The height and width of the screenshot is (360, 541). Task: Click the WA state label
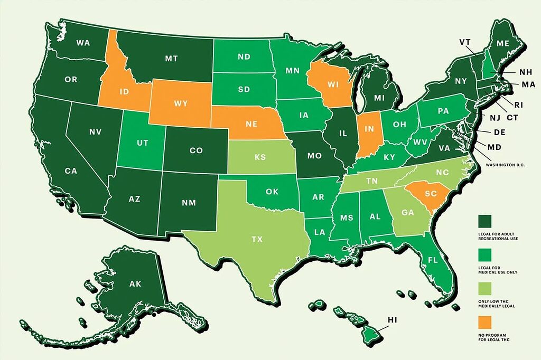click(82, 42)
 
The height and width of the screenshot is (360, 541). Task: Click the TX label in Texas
click(257, 239)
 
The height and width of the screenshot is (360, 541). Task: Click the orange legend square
click(484, 321)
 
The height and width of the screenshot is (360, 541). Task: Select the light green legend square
click(484, 288)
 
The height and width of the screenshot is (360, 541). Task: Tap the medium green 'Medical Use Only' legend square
click(484, 254)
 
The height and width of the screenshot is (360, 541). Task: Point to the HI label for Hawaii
click(392, 320)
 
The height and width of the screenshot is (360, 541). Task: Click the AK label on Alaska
click(135, 284)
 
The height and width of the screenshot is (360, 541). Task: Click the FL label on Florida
click(433, 260)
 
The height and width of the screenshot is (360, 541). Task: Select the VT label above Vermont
click(465, 42)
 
